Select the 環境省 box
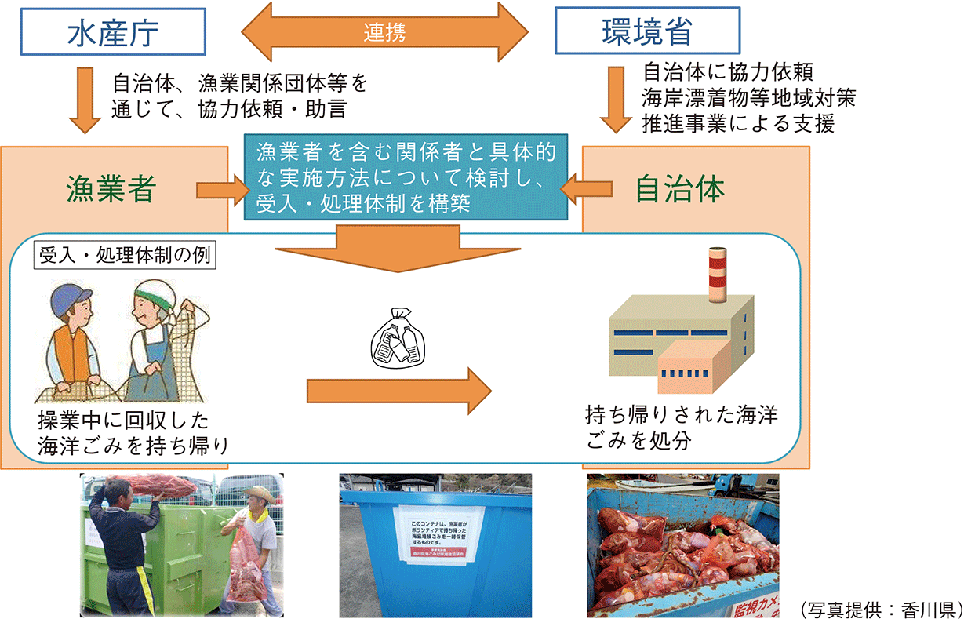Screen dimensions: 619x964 (647, 31)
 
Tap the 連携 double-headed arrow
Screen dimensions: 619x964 (384, 32)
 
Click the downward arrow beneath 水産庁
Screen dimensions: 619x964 (85, 100)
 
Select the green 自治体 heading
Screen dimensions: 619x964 (679, 189)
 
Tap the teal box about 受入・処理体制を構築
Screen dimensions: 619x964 (404, 177)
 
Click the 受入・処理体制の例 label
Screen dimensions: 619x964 (125, 257)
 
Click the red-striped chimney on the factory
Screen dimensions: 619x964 (717, 274)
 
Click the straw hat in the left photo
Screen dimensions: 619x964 (260, 493)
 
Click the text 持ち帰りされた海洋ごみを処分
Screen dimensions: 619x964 (681, 427)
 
